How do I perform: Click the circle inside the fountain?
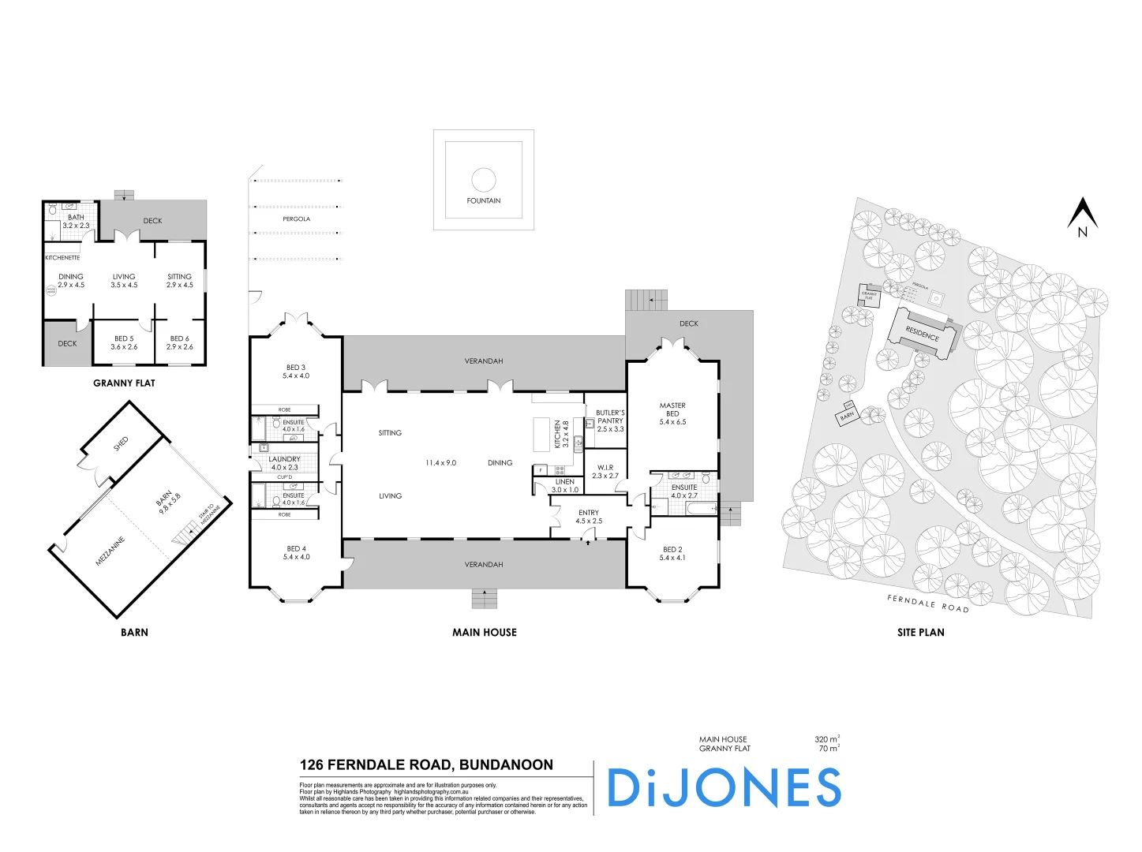point(484,179)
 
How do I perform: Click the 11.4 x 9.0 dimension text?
point(440,463)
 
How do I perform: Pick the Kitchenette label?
point(62,258)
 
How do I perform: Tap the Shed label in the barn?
point(121,444)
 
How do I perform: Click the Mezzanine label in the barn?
point(110,551)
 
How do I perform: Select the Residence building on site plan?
point(922,334)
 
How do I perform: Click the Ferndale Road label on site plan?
point(927,603)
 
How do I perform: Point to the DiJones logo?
point(724,788)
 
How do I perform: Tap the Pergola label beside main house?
point(296,219)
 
